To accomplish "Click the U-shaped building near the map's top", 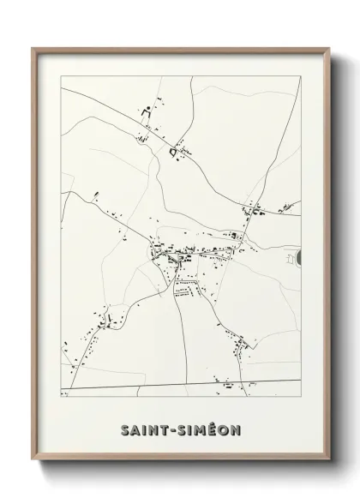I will pos(144,111).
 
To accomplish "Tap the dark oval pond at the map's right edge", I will pos(299,255).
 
